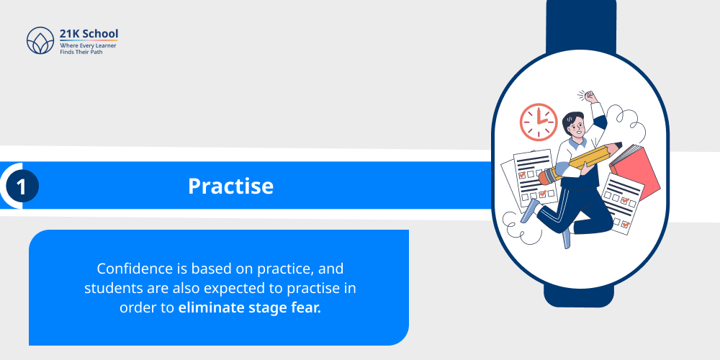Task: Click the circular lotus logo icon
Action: (40, 41)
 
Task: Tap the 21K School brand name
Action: (89, 34)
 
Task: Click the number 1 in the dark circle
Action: (22, 187)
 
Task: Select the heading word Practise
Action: (230, 186)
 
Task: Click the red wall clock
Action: (539, 122)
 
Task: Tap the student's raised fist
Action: (591, 96)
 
